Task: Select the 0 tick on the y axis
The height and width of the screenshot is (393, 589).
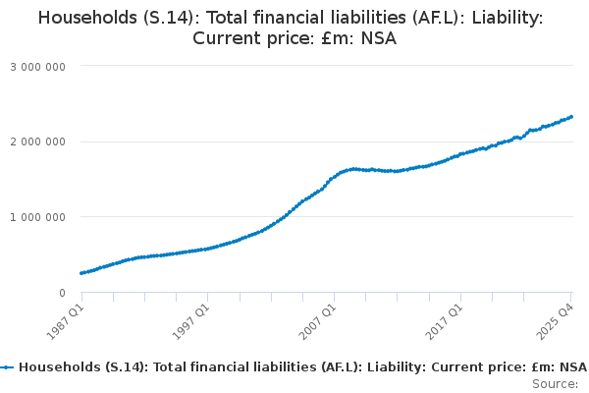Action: coord(62,293)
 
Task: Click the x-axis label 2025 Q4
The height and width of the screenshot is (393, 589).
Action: coord(557,320)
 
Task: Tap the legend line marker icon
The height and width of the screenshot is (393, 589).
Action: coord(8,366)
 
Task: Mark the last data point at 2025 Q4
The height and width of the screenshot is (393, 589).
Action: coord(571,117)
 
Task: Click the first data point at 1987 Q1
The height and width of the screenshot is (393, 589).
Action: coord(81,273)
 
